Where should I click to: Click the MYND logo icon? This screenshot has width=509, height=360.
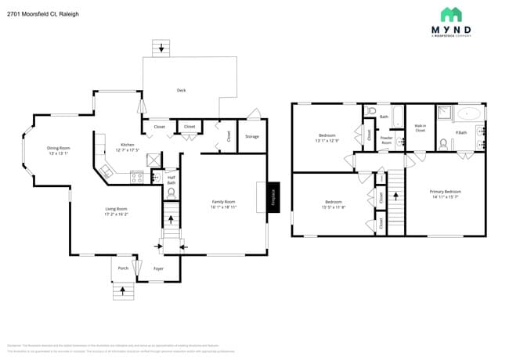coord(451,14)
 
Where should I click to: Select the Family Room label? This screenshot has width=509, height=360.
coord(223,201)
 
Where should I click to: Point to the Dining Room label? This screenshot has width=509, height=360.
coord(58,147)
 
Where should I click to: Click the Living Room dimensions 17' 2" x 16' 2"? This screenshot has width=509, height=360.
coord(117,213)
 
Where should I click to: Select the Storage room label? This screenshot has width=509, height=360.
coord(251,136)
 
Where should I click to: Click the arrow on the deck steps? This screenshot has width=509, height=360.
coord(163,49)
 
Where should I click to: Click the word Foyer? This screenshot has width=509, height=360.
coord(158,268)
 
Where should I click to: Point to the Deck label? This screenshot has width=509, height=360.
coord(181,90)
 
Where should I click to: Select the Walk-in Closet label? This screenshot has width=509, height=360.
coord(420,128)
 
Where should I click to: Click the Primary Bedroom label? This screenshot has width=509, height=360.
coord(445,191)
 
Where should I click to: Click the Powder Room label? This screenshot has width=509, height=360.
coord(386,139)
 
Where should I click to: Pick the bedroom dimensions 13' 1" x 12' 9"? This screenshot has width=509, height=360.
coord(327,141)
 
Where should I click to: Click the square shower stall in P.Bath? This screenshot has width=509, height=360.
coord(445,113)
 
